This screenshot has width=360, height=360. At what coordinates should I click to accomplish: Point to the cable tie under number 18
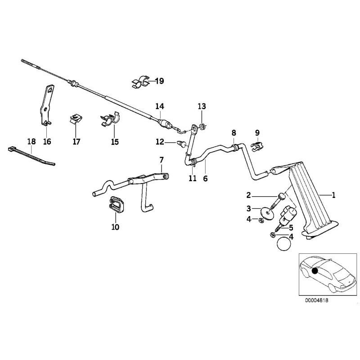pyautogui.click(x=31, y=155)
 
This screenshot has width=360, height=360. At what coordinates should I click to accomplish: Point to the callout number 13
pyautogui.click(x=201, y=106)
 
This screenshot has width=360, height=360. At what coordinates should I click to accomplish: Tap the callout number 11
pyautogui.click(x=193, y=178)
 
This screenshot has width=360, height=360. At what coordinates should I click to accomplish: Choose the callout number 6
pyautogui.click(x=205, y=178)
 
